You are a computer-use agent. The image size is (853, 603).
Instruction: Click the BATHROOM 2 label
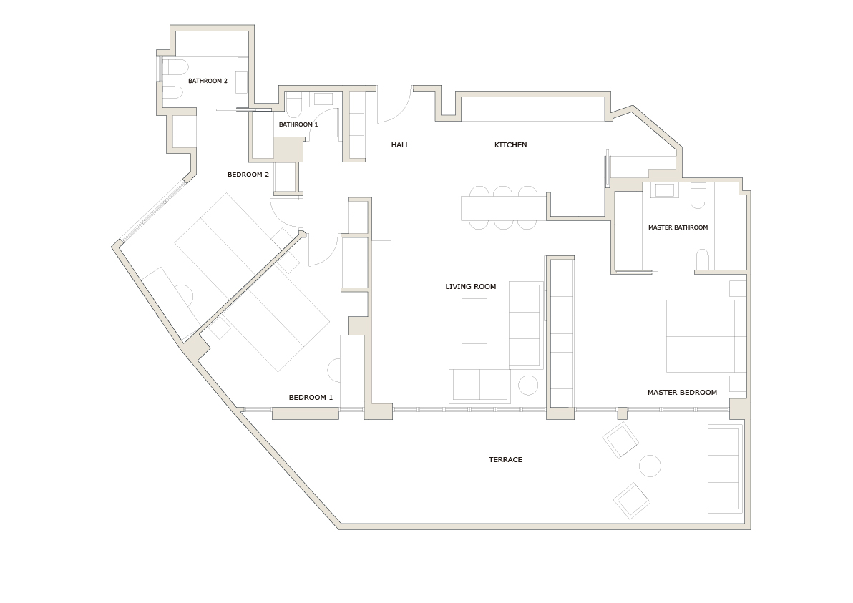point(208,81)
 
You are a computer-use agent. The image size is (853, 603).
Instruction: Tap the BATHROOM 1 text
point(298,124)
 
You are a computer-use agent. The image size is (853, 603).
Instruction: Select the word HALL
point(400,145)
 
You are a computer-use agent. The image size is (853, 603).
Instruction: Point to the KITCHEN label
point(510,145)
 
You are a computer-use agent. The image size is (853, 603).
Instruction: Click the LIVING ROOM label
point(470,287)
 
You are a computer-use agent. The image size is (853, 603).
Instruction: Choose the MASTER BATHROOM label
point(678,227)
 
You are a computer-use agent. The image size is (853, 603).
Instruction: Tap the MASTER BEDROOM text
point(682,393)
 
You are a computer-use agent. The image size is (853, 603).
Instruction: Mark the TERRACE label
point(505,460)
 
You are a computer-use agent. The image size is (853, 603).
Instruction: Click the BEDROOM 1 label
point(311,398)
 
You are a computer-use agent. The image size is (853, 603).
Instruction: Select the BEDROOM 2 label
point(248,175)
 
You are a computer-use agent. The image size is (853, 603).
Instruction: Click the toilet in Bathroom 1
point(294,107)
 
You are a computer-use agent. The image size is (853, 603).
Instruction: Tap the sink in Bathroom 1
point(324,99)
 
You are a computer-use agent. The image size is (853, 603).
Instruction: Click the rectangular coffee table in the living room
point(474,321)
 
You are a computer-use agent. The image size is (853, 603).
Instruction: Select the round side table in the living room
point(528,386)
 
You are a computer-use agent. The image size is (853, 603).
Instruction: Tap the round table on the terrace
point(650,466)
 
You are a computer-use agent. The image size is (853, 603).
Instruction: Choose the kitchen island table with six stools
point(504,207)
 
